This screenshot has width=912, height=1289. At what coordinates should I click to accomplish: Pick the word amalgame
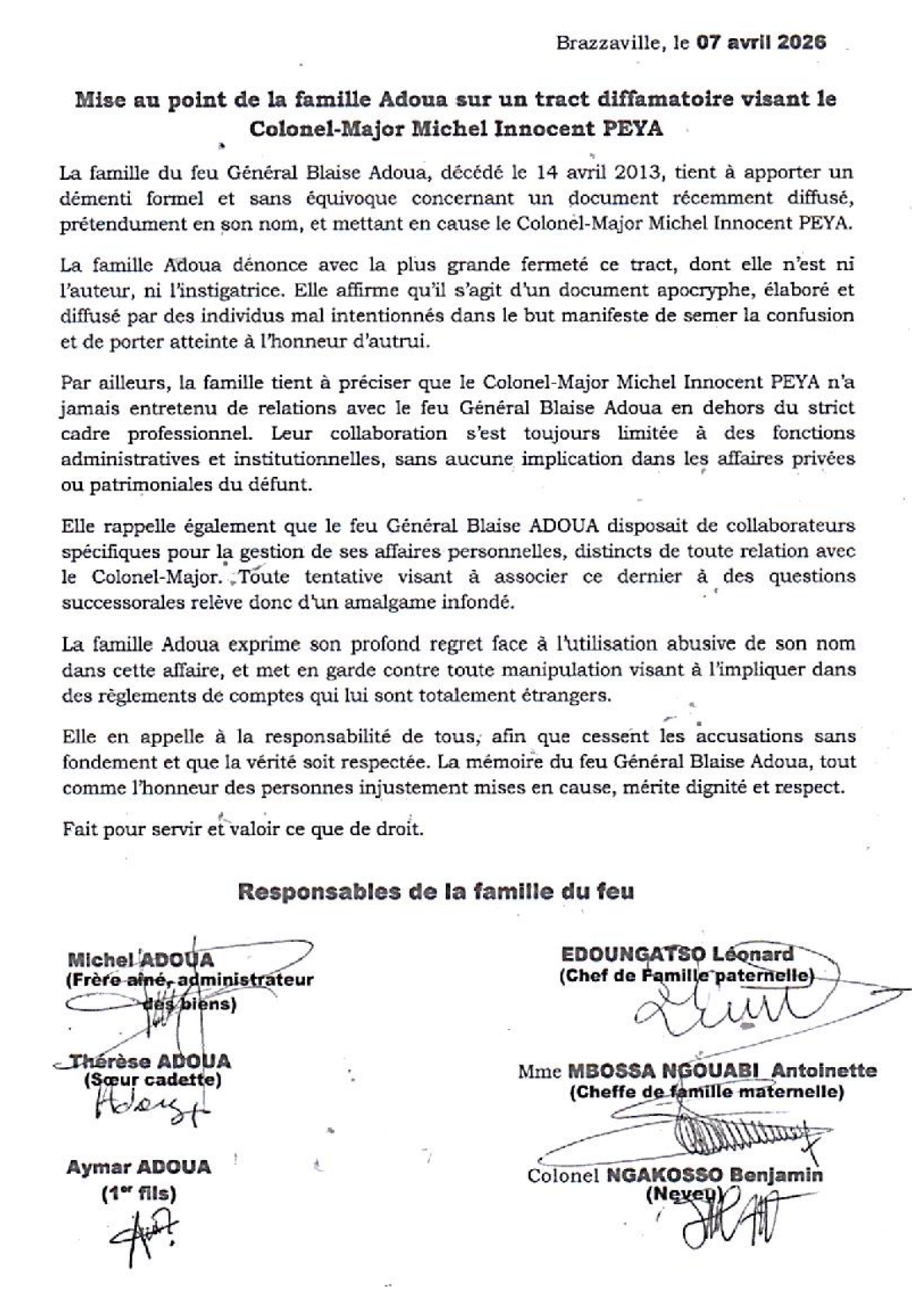(x=377, y=604)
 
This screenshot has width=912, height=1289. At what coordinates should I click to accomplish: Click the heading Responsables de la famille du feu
(x=435, y=891)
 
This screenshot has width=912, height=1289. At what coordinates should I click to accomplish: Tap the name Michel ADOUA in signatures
(x=140, y=960)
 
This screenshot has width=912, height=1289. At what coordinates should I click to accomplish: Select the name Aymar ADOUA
(x=138, y=1167)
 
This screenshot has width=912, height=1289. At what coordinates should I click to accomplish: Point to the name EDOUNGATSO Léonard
(x=677, y=955)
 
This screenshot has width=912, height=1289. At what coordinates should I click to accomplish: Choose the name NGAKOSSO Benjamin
(x=714, y=1175)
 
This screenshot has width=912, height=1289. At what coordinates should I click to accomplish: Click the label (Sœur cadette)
(x=152, y=1080)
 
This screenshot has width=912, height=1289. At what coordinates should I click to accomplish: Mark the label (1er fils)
(x=138, y=1194)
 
